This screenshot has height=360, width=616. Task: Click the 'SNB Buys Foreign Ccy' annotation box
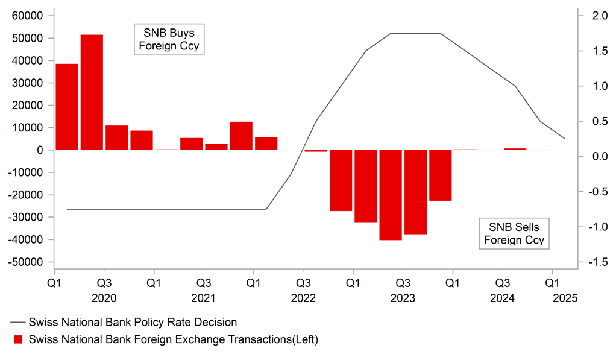tap(169, 39)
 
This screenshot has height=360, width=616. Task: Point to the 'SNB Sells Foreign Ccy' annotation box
tap(514, 233)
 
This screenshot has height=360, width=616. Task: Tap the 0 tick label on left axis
tap(43, 150)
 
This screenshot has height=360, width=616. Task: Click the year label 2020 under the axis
tap(104, 298)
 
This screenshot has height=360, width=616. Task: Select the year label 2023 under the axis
tap(403, 298)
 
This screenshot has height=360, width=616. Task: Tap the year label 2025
tap(565, 298)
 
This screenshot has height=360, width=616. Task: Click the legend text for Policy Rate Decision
tap(133, 322)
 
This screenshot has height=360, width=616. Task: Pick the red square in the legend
tap(17, 339)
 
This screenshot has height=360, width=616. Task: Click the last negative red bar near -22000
tap(441, 175)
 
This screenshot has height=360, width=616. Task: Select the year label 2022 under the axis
tap(303, 298)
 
